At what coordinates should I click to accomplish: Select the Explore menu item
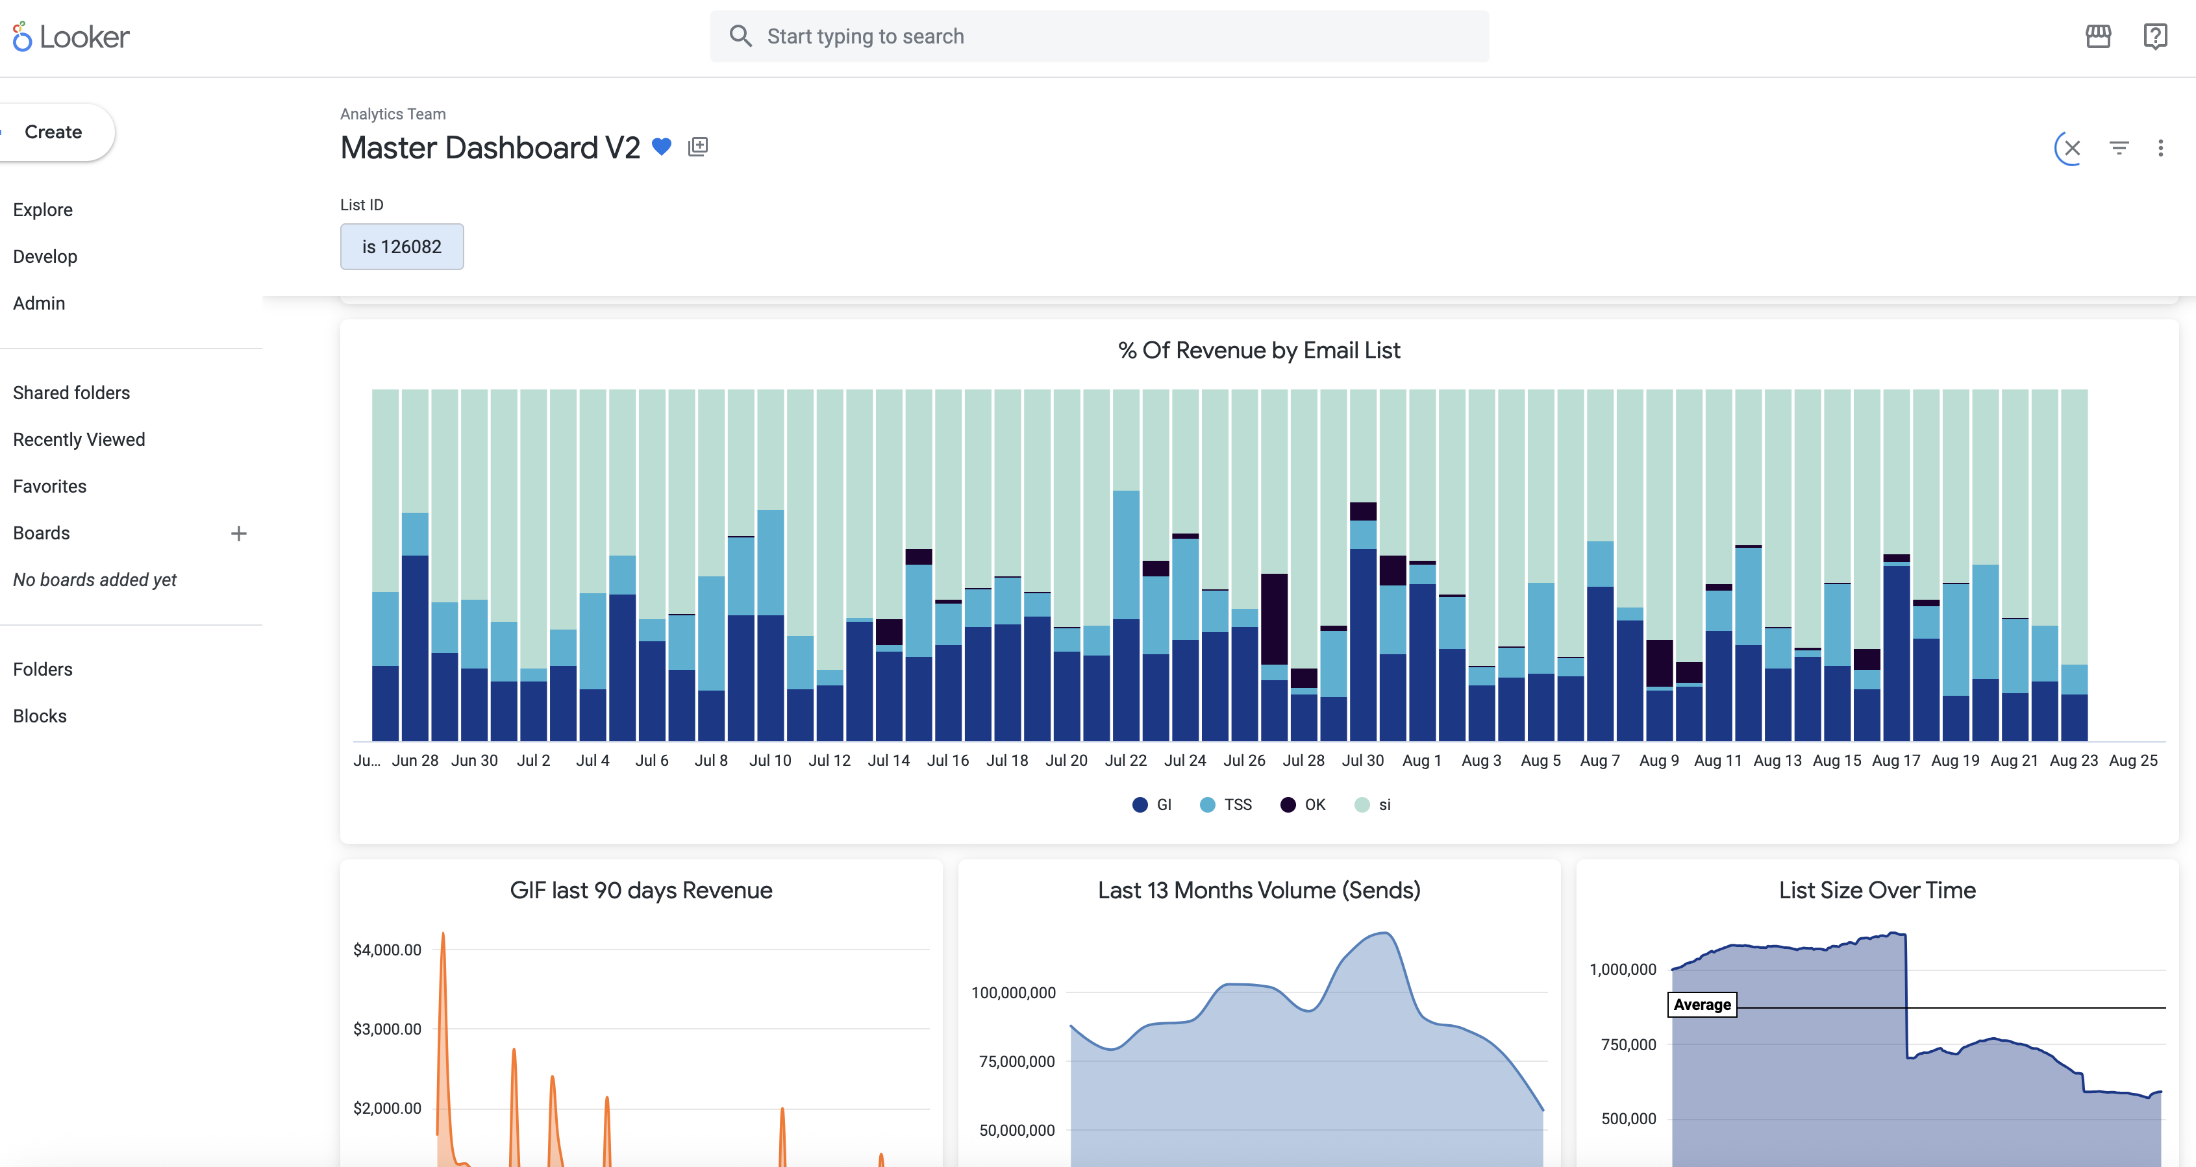pos(43,210)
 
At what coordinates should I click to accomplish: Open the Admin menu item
pos(39,304)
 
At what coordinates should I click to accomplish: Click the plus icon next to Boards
pos(239,534)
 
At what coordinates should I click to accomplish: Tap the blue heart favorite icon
pos(662,147)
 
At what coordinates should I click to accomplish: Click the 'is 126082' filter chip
pos(401,247)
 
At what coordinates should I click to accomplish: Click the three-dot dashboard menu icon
pos(2160,149)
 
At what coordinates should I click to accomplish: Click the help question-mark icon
pos(2155,36)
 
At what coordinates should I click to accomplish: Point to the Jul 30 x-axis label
pos(1362,761)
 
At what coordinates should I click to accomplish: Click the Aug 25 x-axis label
pos(2133,761)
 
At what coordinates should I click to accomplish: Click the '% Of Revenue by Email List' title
pos(1258,350)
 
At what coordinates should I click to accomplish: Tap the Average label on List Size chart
pos(1702,1005)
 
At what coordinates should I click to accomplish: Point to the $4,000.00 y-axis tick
pos(387,950)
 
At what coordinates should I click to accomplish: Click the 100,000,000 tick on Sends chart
pos(1013,992)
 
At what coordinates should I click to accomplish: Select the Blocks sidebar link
pos(40,716)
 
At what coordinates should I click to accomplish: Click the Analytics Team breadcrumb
pos(393,114)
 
